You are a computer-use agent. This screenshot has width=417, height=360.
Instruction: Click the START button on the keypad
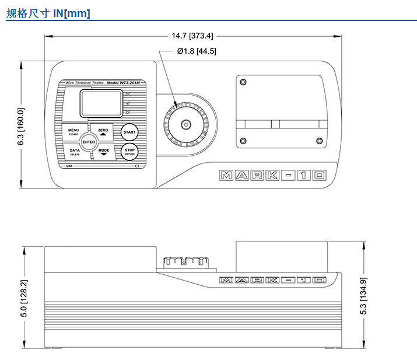coord(129,132)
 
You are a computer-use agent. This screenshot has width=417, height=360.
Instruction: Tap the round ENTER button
coord(89,142)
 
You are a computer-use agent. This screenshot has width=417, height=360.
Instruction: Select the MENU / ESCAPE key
coord(73,132)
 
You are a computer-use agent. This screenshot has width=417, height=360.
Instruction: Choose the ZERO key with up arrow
coord(103,131)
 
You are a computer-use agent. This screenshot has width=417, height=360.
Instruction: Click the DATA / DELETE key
coord(75,152)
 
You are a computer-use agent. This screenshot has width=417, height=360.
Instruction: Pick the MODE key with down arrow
coord(104,152)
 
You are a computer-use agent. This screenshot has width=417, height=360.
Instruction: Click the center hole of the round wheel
coord(187,124)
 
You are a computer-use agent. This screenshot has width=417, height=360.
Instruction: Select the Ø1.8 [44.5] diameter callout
coord(197,51)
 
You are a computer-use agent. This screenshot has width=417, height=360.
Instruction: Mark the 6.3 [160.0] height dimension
coord(22,126)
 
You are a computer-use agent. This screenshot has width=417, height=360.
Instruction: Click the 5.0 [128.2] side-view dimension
coord(24,299)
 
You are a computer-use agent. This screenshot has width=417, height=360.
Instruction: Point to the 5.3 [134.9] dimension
coord(363,296)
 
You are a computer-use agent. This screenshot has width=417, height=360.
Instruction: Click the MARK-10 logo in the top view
coord(271,175)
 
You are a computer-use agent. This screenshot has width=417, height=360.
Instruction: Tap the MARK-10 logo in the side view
coord(271,281)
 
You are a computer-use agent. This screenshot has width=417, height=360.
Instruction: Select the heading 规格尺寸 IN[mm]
coord(48,13)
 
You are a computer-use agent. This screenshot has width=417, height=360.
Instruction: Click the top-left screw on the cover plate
coord(243,82)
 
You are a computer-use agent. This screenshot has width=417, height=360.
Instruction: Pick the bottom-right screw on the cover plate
coord(318,139)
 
